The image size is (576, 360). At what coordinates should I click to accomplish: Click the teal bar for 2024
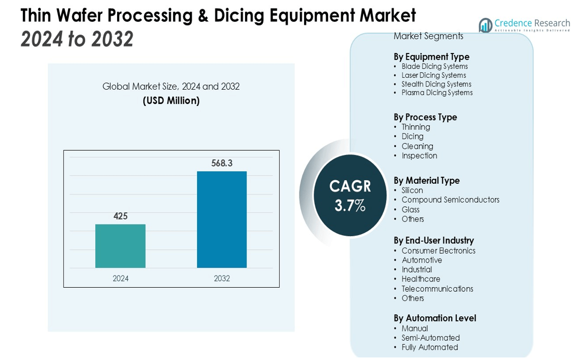[120, 246]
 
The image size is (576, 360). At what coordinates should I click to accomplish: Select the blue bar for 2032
[222, 219]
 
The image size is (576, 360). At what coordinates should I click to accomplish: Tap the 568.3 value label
[222, 163]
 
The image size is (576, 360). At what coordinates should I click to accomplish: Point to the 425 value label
[120, 216]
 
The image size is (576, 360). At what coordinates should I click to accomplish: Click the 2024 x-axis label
[120, 279]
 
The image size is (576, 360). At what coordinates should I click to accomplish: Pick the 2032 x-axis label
[222, 279]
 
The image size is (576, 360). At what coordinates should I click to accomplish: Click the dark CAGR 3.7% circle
[350, 196]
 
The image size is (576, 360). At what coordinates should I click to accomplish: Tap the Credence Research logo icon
[485, 25]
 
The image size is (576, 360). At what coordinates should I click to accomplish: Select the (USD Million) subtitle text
[171, 101]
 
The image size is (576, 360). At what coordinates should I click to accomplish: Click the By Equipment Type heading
[431, 57]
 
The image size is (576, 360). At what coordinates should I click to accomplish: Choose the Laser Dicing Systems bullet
[433, 75]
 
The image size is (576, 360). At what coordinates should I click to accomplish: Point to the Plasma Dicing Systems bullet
[437, 93]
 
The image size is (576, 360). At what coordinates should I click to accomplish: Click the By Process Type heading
[425, 117]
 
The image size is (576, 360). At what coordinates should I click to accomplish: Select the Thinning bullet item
[416, 127]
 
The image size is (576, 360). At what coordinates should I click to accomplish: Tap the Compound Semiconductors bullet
[450, 200]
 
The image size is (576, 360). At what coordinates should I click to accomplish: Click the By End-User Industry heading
[433, 240]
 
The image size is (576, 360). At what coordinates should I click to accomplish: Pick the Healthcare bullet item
[421, 279]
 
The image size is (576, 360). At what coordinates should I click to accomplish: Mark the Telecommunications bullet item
[437, 289]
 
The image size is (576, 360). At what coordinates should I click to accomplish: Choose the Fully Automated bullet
[429, 347]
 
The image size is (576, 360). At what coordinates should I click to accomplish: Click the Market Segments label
[428, 36]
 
